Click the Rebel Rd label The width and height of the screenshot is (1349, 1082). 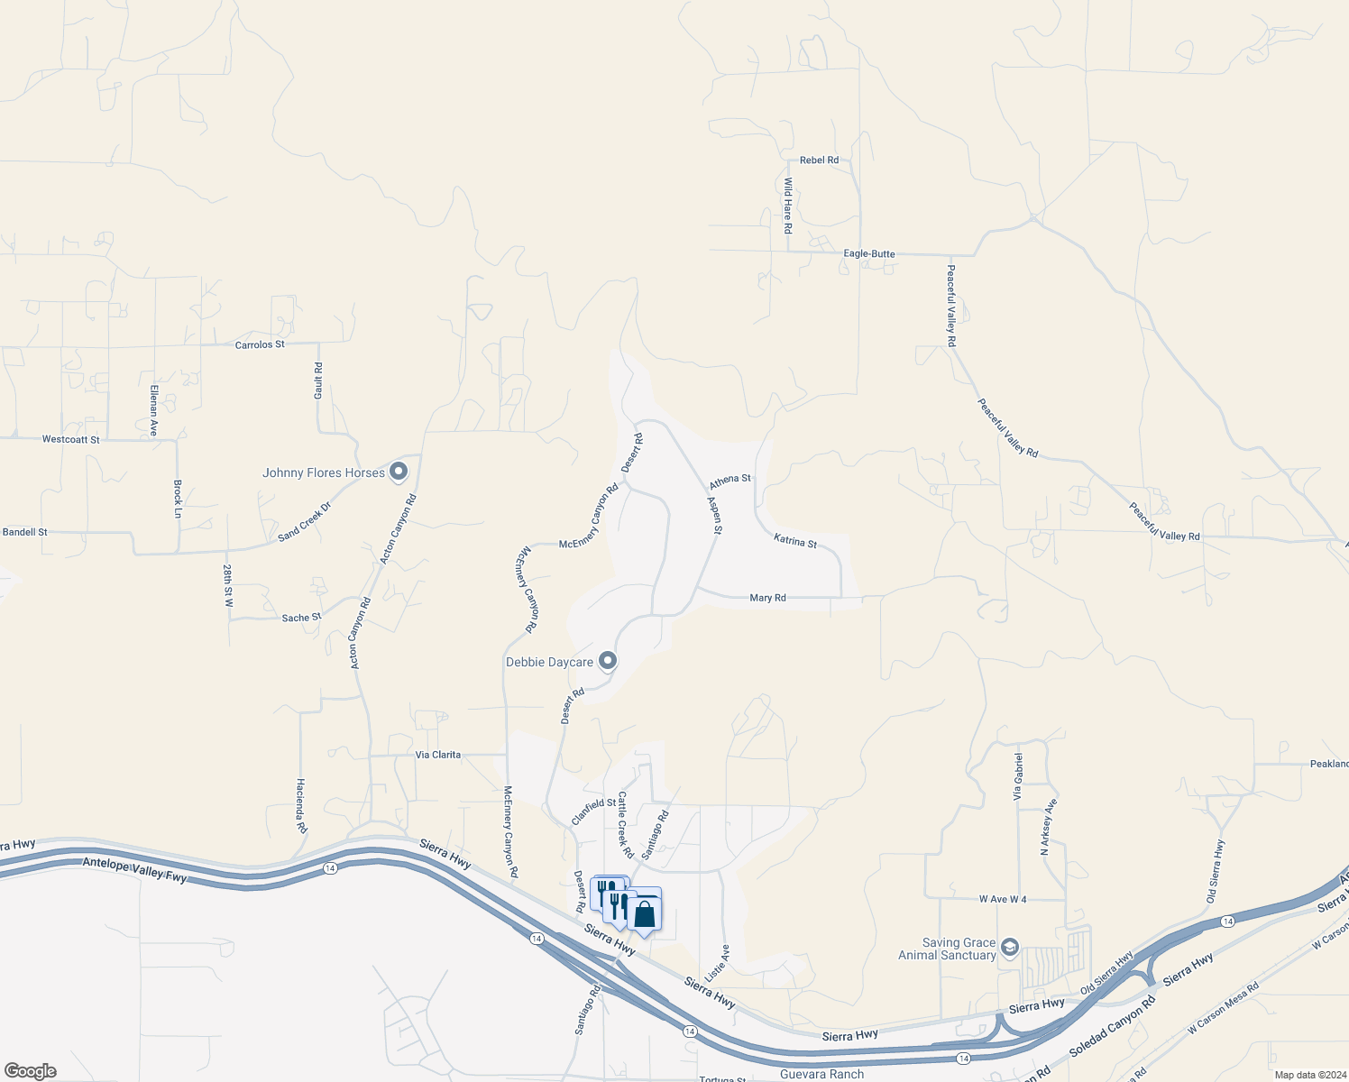pos(819,160)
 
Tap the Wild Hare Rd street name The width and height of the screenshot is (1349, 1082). pos(787,206)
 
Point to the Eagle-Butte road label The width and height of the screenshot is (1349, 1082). pos(869,254)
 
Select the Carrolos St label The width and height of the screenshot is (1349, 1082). pos(260,345)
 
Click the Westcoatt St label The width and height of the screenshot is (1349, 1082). pos(71,440)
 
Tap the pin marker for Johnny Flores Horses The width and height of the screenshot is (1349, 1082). pos(399,472)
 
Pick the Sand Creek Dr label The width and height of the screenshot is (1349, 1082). pos(305,522)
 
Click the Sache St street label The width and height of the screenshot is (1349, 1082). pos(301,619)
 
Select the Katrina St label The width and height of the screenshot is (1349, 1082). pos(795,541)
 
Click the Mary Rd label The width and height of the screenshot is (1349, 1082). pos(767,598)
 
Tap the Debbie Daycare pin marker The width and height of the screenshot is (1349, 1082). pos(608,662)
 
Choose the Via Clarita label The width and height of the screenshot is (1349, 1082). pos(438,756)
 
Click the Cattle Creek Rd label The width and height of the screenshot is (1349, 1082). pos(626,825)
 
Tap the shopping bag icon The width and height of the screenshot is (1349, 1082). pos(645,913)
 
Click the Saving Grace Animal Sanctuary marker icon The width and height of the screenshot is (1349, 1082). pos(1010,947)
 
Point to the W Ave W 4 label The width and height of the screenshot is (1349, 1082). pos(1003,900)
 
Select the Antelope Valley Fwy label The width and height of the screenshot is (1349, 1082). pos(134,869)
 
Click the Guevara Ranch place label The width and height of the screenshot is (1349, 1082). pos(821,1074)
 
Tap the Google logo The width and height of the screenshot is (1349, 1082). pos(31,1071)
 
